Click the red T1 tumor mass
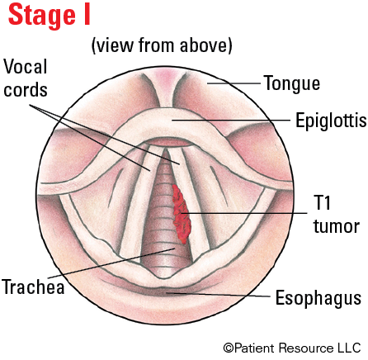point(182,214)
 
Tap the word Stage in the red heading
point(42,16)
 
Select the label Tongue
point(292,83)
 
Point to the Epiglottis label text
point(331,121)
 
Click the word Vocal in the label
point(26,67)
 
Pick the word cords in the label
point(26,90)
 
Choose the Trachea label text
point(33,287)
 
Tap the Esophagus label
point(318,299)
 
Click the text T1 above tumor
point(322,202)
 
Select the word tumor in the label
point(337,226)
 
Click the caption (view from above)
point(162,45)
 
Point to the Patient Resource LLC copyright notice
point(292,348)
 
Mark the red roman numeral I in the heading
point(87,15)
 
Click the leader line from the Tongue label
point(234,83)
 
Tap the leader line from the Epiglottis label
point(231,120)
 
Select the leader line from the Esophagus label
point(218,295)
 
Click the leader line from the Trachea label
point(111,263)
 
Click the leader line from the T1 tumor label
point(243,213)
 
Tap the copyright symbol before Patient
point(229,348)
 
